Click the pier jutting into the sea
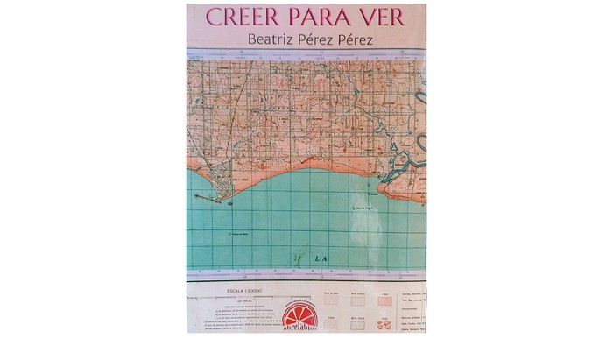207,198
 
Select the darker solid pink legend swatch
384,300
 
